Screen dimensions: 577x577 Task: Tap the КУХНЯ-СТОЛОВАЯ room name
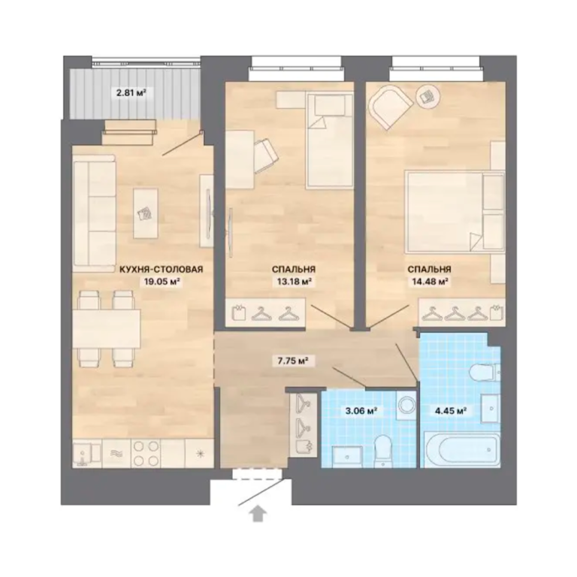pos(162,270)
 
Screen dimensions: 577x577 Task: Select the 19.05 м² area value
pos(162,282)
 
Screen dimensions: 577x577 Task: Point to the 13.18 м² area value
pos(294,282)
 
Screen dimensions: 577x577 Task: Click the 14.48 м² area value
pos(429,282)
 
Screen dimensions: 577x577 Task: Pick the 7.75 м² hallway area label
pos(292,361)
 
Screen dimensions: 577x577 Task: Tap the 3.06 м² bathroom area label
pos(361,410)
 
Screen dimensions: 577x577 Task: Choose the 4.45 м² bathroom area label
pos(451,410)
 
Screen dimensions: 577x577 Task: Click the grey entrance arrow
pos(258,513)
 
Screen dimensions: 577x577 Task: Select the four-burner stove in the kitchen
pos(146,454)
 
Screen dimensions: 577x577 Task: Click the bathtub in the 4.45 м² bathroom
pos(462,450)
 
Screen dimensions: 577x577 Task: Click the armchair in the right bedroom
pos(391,107)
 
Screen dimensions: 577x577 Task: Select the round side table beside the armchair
pos(427,97)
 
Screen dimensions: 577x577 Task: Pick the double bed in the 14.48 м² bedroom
pos(455,212)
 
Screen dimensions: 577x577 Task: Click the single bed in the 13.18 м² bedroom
pos(329,140)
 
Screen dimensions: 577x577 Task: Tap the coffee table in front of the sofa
pos(146,213)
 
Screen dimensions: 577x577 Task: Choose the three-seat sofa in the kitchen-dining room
pos(94,213)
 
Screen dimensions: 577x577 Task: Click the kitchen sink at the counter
pos(87,454)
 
